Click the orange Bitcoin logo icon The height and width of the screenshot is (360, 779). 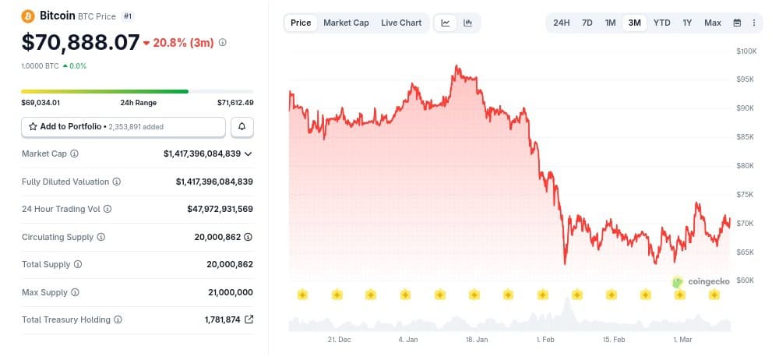[x=28, y=16]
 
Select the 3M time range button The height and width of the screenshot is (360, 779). [x=635, y=23]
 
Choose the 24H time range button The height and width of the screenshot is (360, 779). [x=562, y=23]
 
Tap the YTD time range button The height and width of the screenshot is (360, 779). [x=661, y=23]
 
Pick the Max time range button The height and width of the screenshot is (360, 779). [x=712, y=23]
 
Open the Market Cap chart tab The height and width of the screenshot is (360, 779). [x=346, y=23]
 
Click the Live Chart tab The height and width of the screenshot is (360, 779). [x=401, y=23]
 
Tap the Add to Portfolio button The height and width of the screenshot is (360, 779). [x=123, y=126]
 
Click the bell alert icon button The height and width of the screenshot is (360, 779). [x=242, y=126]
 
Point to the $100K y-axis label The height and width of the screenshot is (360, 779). [x=746, y=51]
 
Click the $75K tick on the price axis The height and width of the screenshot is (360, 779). [x=746, y=194]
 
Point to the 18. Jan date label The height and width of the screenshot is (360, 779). [x=477, y=341]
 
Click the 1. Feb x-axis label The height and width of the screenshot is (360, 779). [x=546, y=341]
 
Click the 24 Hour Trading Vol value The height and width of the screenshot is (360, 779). [x=220, y=209]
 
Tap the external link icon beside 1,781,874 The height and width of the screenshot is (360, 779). [x=249, y=319]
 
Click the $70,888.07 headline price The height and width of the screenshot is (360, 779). [x=81, y=41]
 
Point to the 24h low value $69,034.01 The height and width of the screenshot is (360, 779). [x=41, y=103]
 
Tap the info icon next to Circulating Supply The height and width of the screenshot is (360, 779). [x=101, y=237]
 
